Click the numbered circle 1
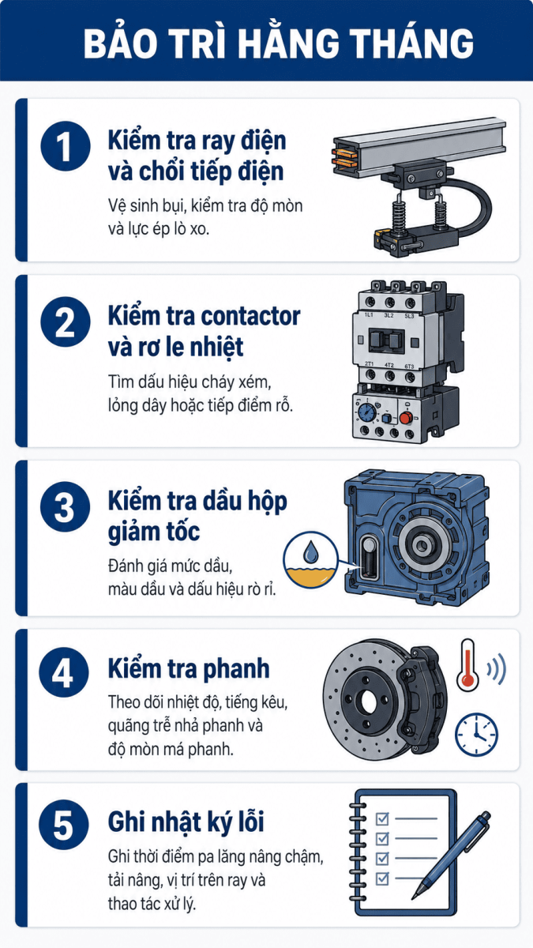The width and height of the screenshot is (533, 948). pyautogui.click(x=66, y=146)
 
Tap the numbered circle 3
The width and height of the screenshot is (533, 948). pyautogui.click(x=65, y=507)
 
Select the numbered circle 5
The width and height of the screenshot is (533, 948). pyautogui.click(x=64, y=825)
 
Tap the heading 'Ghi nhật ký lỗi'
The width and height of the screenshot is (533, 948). pyautogui.click(x=186, y=822)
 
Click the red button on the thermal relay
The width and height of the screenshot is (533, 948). pyautogui.click(x=406, y=418)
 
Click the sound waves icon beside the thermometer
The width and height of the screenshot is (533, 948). pyautogui.click(x=496, y=669)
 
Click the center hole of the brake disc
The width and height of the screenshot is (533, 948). pyautogui.click(x=369, y=703)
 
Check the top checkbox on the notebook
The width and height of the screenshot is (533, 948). pyautogui.click(x=382, y=818)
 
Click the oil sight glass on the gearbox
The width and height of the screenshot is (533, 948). pyautogui.click(x=369, y=556)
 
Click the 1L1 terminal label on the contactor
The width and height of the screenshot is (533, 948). pyautogui.click(x=369, y=315)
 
